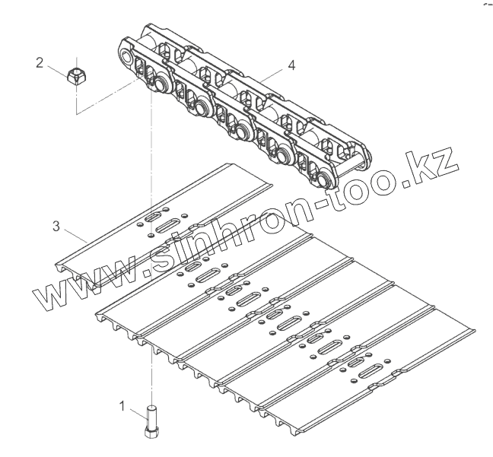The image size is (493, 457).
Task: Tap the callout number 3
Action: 55,225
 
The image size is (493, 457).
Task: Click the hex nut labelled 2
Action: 77,75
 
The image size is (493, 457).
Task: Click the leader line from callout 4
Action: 273,73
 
